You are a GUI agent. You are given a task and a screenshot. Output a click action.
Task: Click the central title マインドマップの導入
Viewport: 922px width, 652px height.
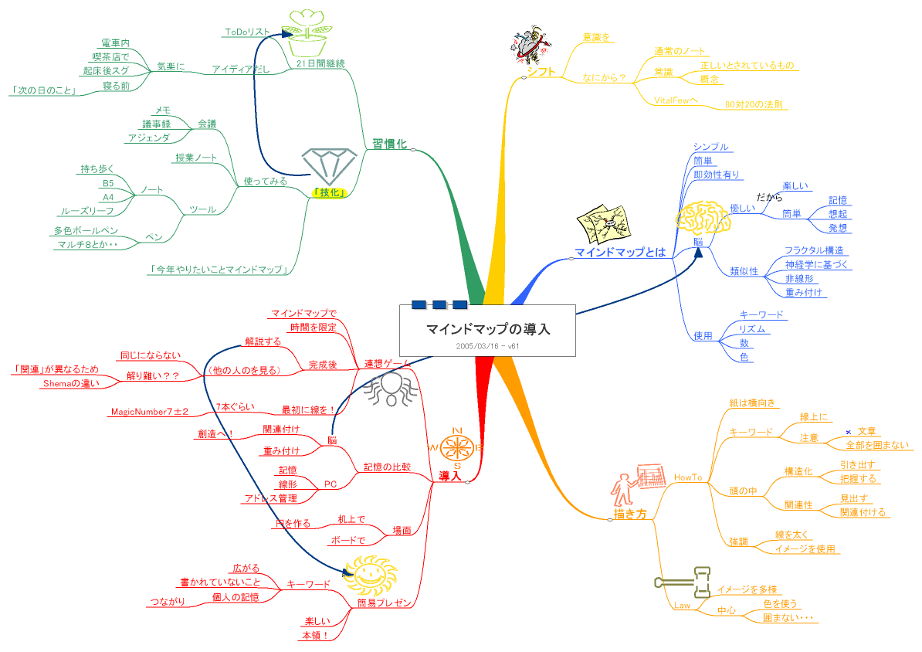pyautogui.click(x=487, y=329)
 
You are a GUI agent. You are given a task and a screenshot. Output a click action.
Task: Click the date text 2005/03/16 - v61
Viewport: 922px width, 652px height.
pyautogui.click(x=487, y=347)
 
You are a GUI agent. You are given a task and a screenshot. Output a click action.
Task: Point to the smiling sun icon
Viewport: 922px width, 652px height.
pyautogui.click(x=371, y=574)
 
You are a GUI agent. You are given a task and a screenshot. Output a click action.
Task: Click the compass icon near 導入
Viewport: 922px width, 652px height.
pyautogui.click(x=457, y=446)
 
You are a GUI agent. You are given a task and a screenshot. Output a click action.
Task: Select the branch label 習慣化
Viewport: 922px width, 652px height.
pyautogui.click(x=389, y=143)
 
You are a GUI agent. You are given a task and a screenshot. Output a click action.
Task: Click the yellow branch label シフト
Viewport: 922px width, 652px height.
pyautogui.click(x=542, y=72)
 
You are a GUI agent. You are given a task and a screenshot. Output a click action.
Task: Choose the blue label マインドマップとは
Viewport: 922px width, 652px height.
pyautogui.click(x=620, y=252)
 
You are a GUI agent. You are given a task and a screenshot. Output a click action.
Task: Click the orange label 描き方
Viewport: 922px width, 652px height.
pyautogui.click(x=630, y=513)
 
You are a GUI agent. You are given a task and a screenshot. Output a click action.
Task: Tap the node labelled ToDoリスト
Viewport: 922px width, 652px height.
pyautogui.click(x=247, y=32)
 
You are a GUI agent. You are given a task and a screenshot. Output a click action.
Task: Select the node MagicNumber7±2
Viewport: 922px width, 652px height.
pyautogui.click(x=150, y=411)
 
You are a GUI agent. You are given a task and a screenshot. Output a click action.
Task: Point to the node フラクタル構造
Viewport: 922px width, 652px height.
pyautogui.click(x=813, y=250)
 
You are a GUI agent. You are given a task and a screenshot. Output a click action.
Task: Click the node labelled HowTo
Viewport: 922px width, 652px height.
pyautogui.click(x=688, y=478)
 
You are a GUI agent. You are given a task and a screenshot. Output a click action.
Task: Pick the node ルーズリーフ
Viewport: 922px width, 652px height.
pyautogui.click(x=86, y=211)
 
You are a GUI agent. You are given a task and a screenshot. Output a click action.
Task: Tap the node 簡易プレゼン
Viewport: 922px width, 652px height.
pyautogui.click(x=381, y=603)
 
